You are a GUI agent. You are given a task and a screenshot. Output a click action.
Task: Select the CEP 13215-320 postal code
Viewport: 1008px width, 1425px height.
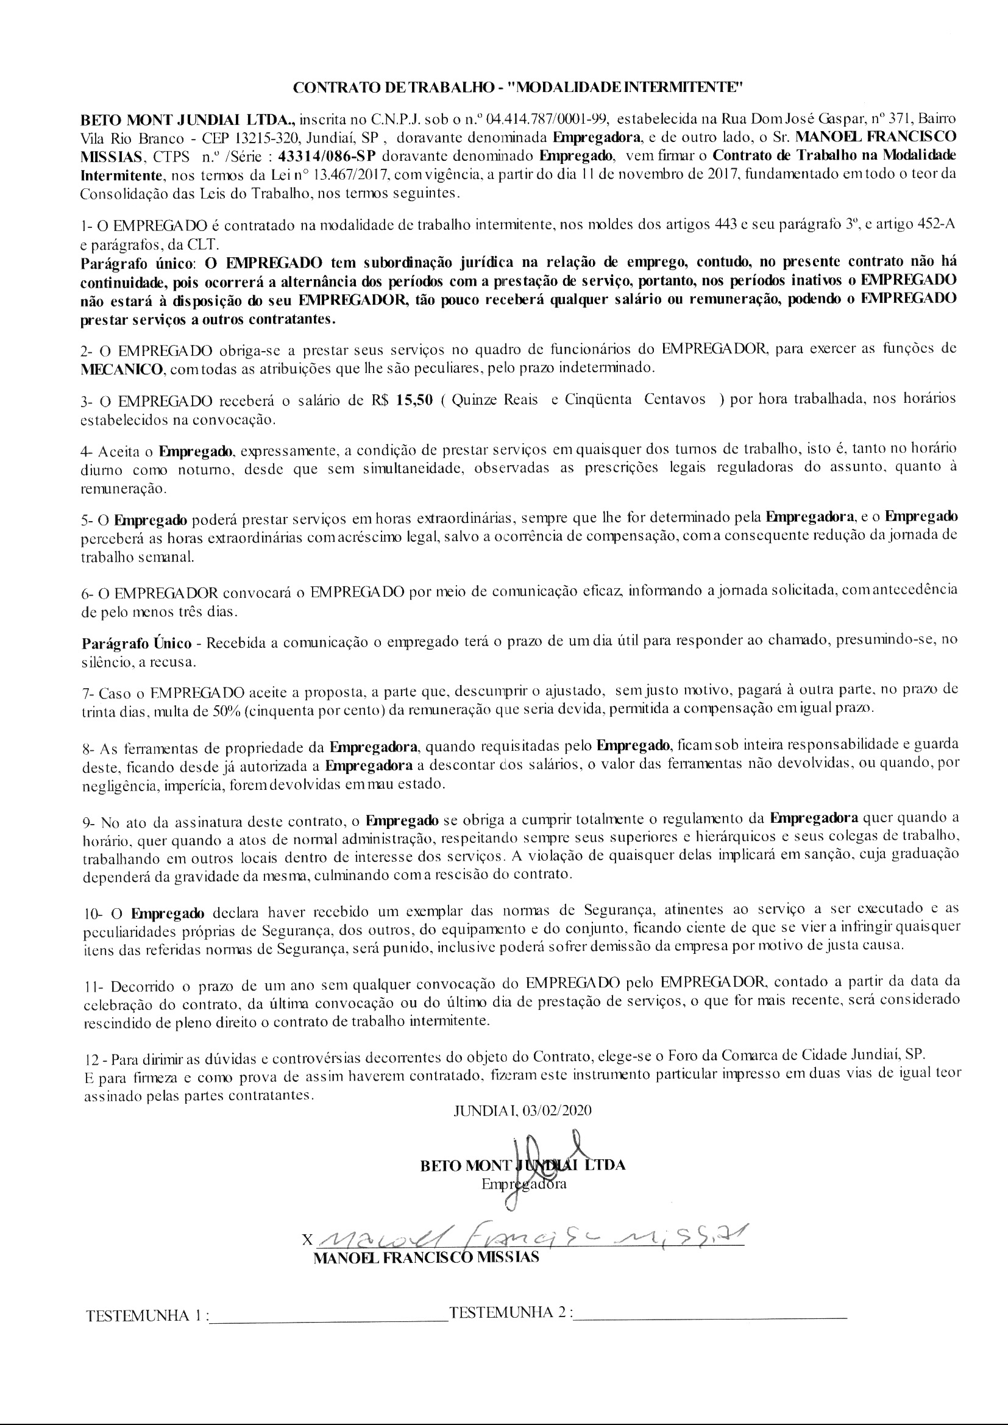point(240,137)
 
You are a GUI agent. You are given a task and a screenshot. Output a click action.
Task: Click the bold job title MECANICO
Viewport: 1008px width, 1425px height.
point(122,369)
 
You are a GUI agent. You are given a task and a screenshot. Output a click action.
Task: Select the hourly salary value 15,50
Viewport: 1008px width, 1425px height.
point(414,400)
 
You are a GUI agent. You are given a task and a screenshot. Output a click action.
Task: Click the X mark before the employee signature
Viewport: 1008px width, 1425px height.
point(305,1240)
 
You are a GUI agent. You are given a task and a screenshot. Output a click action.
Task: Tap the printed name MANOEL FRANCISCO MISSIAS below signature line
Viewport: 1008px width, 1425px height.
point(427,1257)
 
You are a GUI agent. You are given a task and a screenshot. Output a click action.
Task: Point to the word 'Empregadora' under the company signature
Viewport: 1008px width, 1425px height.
point(524,1184)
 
